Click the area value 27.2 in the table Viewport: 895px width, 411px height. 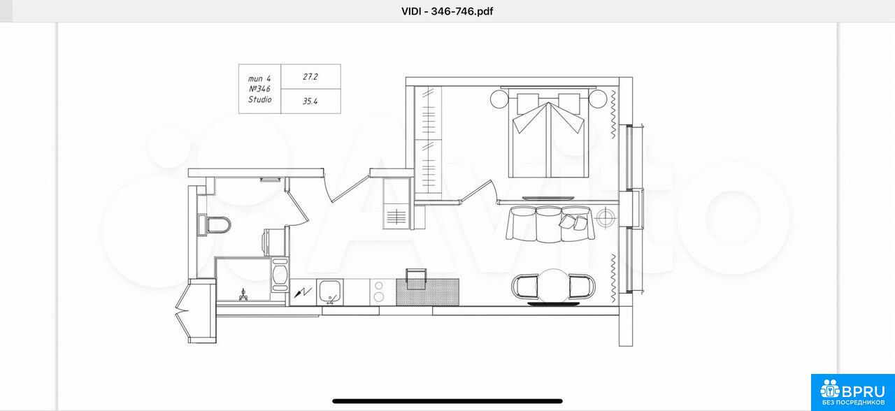pyautogui.click(x=310, y=77)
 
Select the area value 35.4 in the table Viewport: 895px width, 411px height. pyautogui.click(x=310, y=101)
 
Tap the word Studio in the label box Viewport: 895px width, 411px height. pyautogui.click(x=259, y=99)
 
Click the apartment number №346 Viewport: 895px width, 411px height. pyautogui.click(x=259, y=89)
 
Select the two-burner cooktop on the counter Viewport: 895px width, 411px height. pyautogui.click(x=379, y=291)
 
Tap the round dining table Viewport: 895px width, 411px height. pyautogui.click(x=553, y=286)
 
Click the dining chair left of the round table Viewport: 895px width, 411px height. pyautogui.click(x=524, y=287)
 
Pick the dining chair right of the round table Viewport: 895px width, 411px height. pyautogui.click(x=582, y=287)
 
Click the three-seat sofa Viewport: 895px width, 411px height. pyautogui.click(x=550, y=224)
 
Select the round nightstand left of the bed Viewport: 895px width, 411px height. pyautogui.click(x=499, y=99)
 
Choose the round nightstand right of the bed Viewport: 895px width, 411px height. pyautogui.click(x=598, y=99)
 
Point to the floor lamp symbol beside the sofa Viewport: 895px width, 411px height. pyautogui.click(x=606, y=217)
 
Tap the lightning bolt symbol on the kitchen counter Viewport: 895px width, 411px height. pyautogui.click(x=303, y=293)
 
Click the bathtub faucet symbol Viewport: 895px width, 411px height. pyautogui.click(x=243, y=295)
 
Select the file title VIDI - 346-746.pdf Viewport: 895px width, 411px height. pyautogui.click(x=447, y=11)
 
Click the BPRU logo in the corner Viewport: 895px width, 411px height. pyautogui.click(x=852, y=392)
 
